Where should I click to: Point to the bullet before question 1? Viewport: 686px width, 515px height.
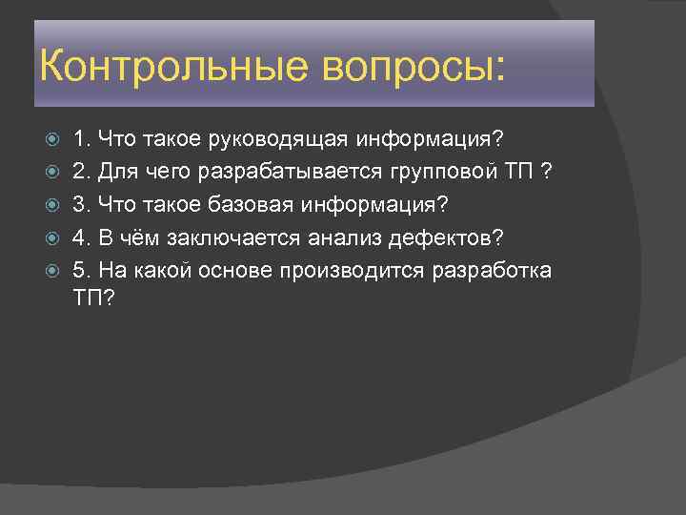pyautogui.click(x=52, y=141)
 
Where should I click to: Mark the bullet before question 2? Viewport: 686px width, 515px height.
pyautogui.click(x=52, y=174)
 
